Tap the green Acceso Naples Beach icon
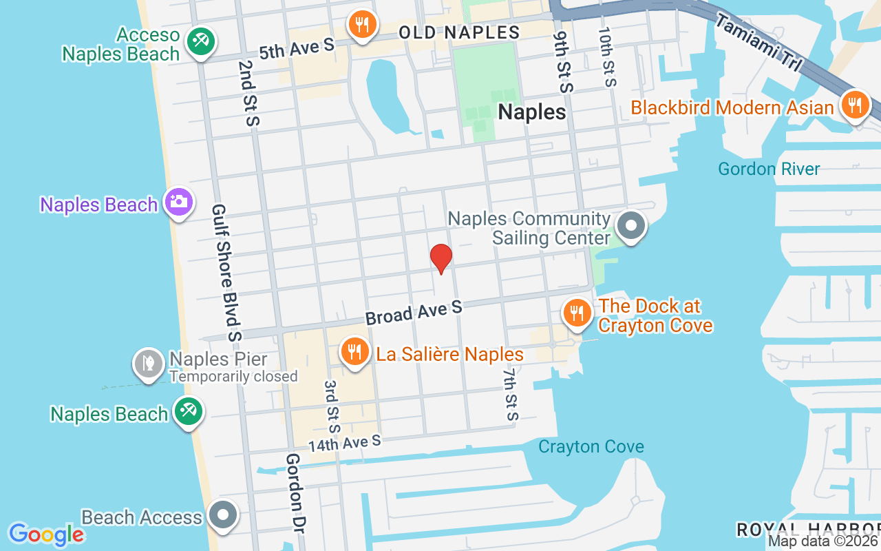tap(201, 41)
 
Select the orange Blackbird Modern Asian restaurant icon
tap(855, 106)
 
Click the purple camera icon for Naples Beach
tap(178, 202)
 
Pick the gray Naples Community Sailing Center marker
tap(630, 225)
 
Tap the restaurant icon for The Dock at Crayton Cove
tap(577, 313)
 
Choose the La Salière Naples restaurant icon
tap(354, 352)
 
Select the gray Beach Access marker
tap(222, 514)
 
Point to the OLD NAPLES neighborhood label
tap(459, 32)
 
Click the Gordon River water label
tap(769, 169)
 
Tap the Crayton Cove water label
tap(591, 446)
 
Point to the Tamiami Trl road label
tap(757, 41)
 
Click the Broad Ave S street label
tap(414, 313)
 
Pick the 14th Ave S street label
tap(344, 442)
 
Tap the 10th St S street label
tap(606, 57)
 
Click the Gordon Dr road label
tap(295, 493)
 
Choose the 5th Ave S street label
tap(296, 47)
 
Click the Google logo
tap(47, 534)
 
